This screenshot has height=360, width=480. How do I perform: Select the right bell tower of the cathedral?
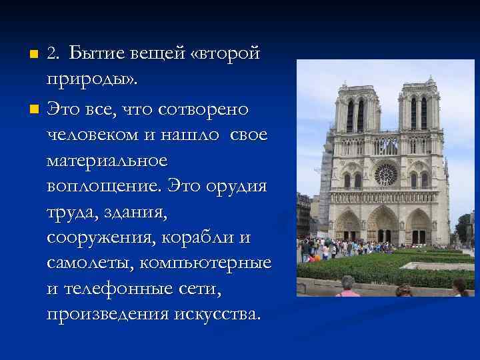[418, 110]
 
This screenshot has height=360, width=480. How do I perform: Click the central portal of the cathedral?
[384, 227]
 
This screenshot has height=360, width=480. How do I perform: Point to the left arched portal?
[348, 228]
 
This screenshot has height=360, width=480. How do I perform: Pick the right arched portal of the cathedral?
[419, 228]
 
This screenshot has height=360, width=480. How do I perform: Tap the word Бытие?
[95, 53]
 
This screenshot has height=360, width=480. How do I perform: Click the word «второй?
[225, 53]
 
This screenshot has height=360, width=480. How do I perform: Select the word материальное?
[107, 161]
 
